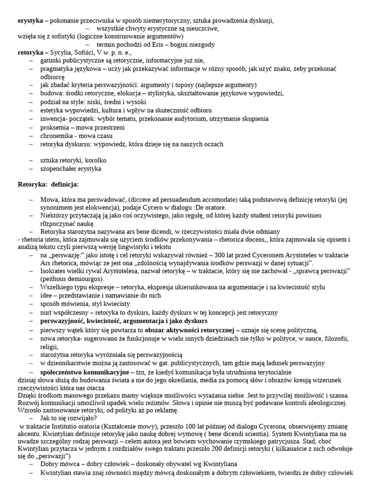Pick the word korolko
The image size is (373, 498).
[x=96, y=160]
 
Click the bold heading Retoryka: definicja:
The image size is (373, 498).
[x=48, y=184]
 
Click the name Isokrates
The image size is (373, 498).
[x=55, y=270]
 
